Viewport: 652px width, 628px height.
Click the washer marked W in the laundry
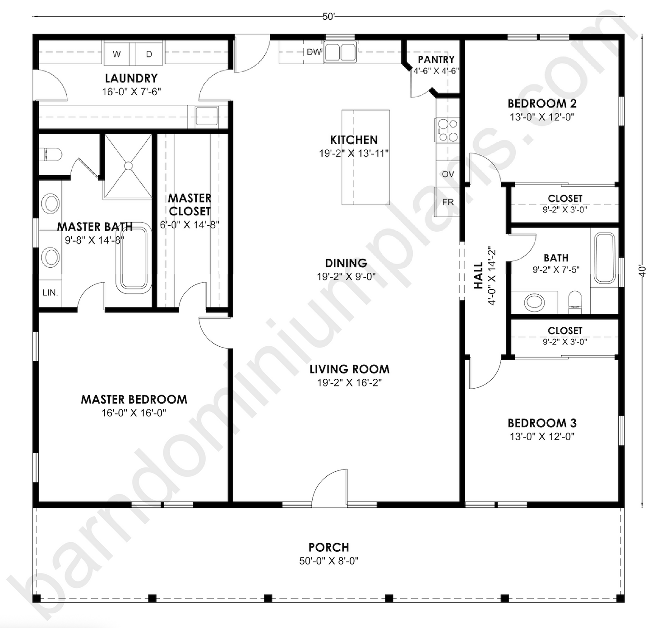point(117,54)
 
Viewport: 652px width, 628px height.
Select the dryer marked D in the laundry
point(149,54)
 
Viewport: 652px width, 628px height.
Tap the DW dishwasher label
point(314,52)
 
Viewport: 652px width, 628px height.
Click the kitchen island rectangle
point(365,157)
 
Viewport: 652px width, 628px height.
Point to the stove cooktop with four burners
point(447,130)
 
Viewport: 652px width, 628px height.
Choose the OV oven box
point(448,174)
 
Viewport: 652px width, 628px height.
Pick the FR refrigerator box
point(448,202)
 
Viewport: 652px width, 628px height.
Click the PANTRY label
point(436,60)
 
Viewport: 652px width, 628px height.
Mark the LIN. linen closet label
point(50,293)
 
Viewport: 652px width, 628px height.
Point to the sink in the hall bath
point(535,301)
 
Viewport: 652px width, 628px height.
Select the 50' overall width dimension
point(328,17)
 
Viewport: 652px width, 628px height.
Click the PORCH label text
point(328,547)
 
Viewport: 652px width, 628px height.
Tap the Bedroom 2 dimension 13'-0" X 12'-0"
point(542,117)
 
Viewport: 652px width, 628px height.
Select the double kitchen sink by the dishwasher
point(341,52)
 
